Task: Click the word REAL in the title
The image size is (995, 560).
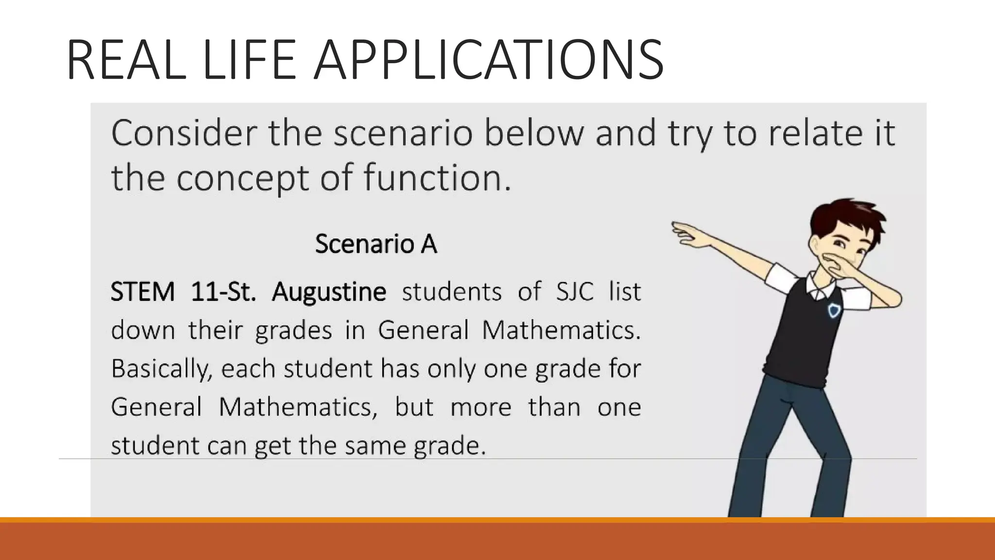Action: click(126, 60)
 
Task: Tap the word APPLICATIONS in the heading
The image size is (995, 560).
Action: click(488, 60)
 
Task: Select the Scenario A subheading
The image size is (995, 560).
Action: click(376, 244)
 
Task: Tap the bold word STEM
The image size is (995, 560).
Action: click(142, 292)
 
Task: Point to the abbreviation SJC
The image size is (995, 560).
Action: click(575, 292)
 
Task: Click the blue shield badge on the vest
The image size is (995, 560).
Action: click(834, 310)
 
